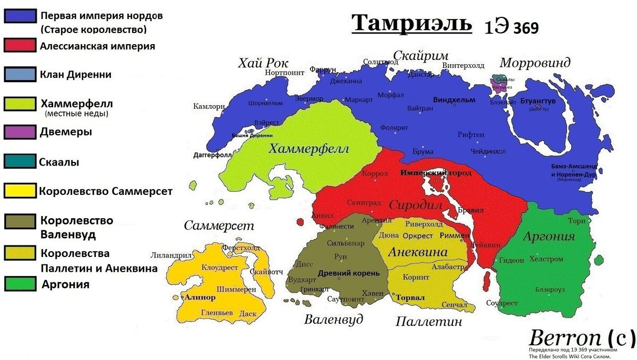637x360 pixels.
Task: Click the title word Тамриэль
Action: pos(411,24)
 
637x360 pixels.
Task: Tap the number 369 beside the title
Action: pos(526,28)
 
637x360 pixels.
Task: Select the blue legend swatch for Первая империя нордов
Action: pos(20,16)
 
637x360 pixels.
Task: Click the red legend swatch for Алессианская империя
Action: pos(20,45)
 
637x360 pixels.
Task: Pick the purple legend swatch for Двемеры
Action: pos(20,131)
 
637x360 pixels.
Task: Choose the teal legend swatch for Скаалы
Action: pos(20,161)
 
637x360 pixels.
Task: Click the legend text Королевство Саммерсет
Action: pos(106,191)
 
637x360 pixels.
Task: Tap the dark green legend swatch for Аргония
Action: pos(20,284)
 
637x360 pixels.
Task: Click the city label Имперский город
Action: pos(436,173)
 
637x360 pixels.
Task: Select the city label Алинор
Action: pos(200,297)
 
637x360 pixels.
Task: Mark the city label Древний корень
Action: pos(348,273)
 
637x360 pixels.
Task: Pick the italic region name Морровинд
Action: pos(535,63)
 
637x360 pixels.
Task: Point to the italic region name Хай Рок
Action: pos(263,64)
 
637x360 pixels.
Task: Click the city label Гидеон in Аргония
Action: pos(511,260)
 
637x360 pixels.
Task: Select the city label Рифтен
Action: pos(471,135)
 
